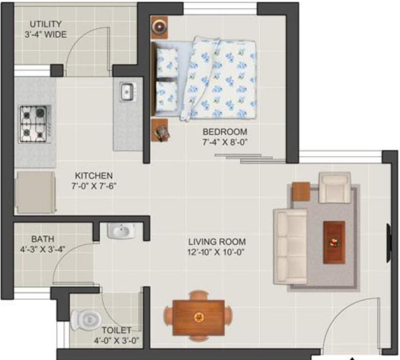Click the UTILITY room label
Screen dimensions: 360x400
(45, 24)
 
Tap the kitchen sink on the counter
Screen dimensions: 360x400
(127, 91)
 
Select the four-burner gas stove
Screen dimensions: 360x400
(34, 124)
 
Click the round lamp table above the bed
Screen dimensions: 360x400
(159, 27)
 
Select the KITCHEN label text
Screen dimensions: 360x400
(93, 176)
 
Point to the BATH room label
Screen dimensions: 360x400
(43, 239)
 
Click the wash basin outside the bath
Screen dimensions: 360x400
(121, 231)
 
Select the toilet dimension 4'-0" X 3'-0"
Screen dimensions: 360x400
(116, 340)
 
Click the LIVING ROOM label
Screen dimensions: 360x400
(217, 242)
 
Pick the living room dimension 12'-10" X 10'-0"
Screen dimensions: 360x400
(217, 252)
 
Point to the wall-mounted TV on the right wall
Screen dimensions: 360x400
(388, 243)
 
